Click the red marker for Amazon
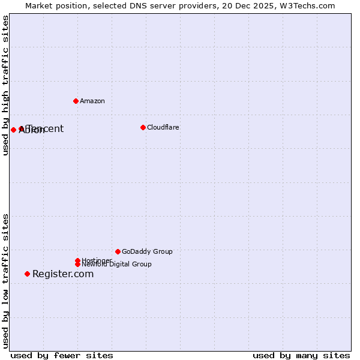point(76,101)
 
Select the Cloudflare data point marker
point(143,127)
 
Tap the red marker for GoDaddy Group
point(118,251)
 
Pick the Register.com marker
point(27,274)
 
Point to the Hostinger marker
point(77,260)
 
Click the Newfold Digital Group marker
point(77,264)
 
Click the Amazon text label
point(92,101)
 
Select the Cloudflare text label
point(163,127)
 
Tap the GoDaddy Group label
point(147,251)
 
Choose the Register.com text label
point(63,274)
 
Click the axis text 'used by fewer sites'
point(62,355)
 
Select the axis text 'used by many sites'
point(301,355)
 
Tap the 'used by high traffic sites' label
point(6,86)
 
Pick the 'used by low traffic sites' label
point(6,280)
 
